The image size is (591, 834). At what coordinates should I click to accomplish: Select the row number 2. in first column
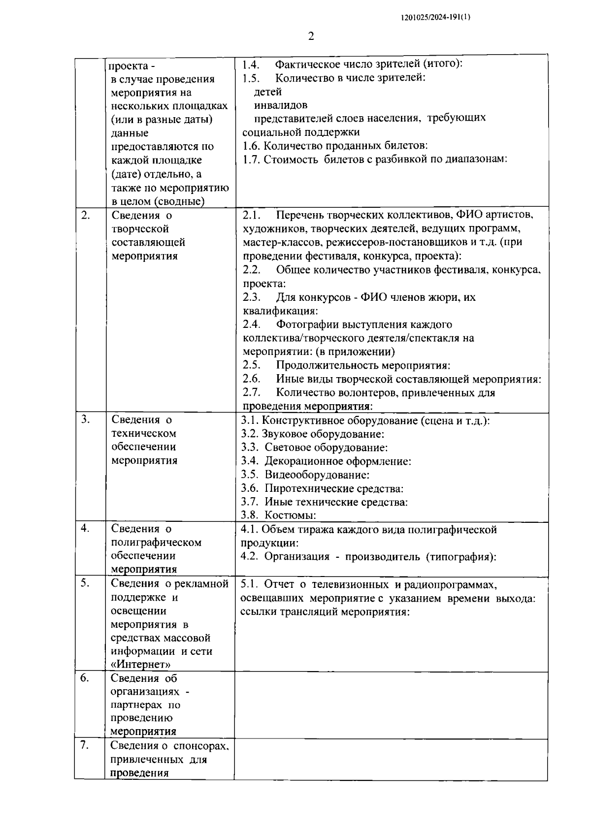[85, 215]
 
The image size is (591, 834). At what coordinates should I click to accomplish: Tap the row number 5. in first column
[85, 583]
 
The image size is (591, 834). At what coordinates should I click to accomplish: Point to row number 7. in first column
[85, 745]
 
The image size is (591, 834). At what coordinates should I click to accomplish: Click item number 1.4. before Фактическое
[251, 64]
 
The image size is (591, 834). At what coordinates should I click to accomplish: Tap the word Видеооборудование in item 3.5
[317, 475]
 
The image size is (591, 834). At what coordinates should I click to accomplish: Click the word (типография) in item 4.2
[461, 557]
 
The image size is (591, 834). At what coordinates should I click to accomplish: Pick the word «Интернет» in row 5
[141, 665]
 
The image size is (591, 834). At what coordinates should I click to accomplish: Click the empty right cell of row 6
[391, 705]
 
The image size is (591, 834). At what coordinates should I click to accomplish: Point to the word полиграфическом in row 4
[156, 543]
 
